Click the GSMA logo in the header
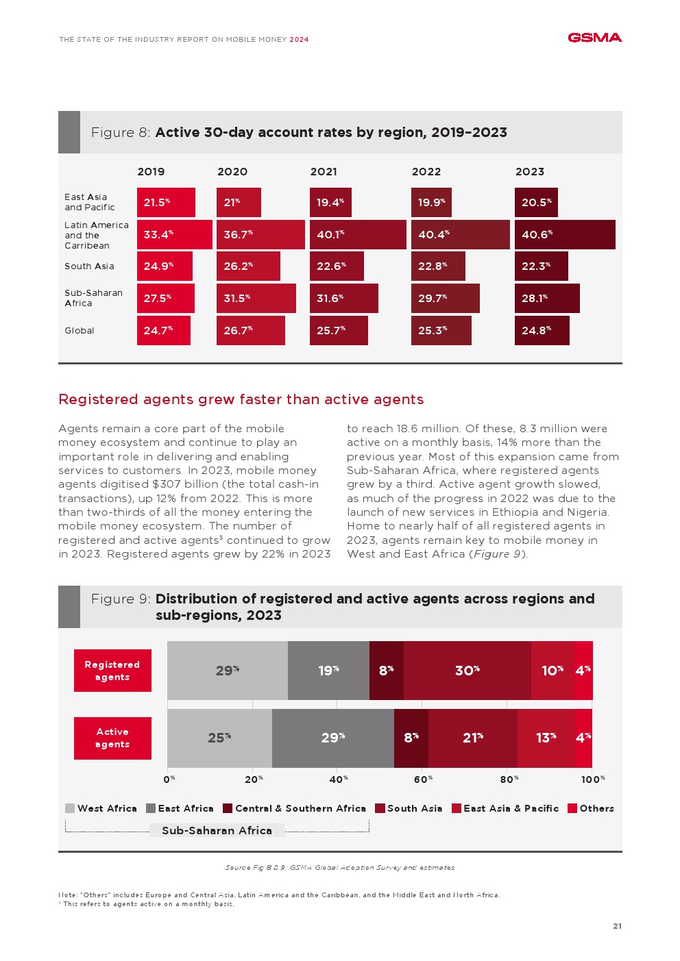click(x=594, y=38)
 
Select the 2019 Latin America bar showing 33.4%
click(x=174, y=234)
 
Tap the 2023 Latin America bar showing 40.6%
click(x=564, y=234)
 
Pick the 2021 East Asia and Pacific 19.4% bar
click(x=330, y=203)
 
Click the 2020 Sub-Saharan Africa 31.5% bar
click(x=256, y=299)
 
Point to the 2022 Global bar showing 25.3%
click(x=441, y=330)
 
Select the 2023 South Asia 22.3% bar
click(x=541, y=266)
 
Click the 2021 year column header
click(x=324, y=172)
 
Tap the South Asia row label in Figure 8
click(x=89, y=266)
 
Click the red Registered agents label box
click(x=112, y=671)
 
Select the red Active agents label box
click(x=112, y=738)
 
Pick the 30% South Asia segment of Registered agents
click(x=467, y=671)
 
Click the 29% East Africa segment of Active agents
click(x=332, y=738)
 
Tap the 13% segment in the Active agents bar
click(x=546, y=738)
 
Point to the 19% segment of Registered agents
click(x=328, y=671)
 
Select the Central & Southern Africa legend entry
click(x=294, y=808)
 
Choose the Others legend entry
click(x=591, y=808)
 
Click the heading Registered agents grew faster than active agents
click(x=241, y=399)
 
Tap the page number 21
click(x=617, y=926)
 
